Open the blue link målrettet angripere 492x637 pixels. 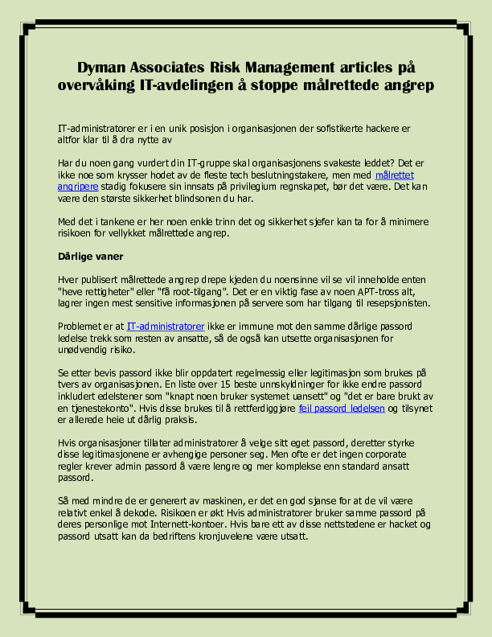(394, 175)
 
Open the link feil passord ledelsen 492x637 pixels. (342, 408)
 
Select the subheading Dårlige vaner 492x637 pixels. (88, 257)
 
